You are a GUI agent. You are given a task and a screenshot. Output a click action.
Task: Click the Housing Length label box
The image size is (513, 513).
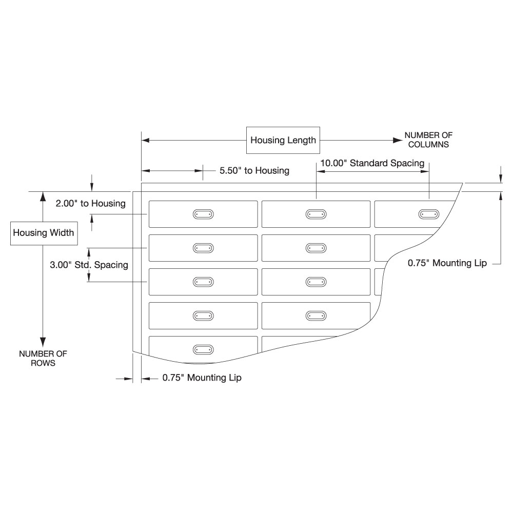pos(283,140)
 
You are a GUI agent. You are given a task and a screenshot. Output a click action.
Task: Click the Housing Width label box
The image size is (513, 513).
pos(44,233)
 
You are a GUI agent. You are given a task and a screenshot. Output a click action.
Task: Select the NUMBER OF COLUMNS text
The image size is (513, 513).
pos(428,140)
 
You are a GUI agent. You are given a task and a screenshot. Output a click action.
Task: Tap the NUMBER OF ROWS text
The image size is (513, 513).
pos(43,358)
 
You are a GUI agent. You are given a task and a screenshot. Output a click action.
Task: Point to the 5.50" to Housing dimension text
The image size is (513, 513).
pos(254,170)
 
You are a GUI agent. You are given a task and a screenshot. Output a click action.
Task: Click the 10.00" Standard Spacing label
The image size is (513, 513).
pos(372,163)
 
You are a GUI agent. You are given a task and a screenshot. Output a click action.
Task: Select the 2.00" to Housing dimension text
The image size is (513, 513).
pos(91,204)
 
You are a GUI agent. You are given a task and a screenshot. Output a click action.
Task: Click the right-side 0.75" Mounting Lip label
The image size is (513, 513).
pos(447,263)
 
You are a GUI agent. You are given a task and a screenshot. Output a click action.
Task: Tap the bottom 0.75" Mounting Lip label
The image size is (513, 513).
pos(202,378)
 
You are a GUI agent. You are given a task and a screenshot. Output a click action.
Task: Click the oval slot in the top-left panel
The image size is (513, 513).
pos(203,214)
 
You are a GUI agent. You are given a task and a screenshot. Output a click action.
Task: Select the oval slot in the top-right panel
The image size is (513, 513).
pos(428,214)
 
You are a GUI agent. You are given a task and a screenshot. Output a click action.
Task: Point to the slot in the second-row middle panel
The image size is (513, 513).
pos(315,248)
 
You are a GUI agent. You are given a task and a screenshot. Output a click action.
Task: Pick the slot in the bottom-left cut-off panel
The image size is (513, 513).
pos(203,349)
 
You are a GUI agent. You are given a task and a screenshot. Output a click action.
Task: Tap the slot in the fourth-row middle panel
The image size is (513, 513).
pos(315,315)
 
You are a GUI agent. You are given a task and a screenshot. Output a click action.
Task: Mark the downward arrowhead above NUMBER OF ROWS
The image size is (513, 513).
pos(43,341)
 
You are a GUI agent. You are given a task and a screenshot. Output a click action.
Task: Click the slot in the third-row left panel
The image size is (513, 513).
pos(203,282)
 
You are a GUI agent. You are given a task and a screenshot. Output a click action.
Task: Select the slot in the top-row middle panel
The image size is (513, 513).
pos(315,214)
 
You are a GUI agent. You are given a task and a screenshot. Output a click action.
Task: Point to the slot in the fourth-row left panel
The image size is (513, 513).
pos(203,315)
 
